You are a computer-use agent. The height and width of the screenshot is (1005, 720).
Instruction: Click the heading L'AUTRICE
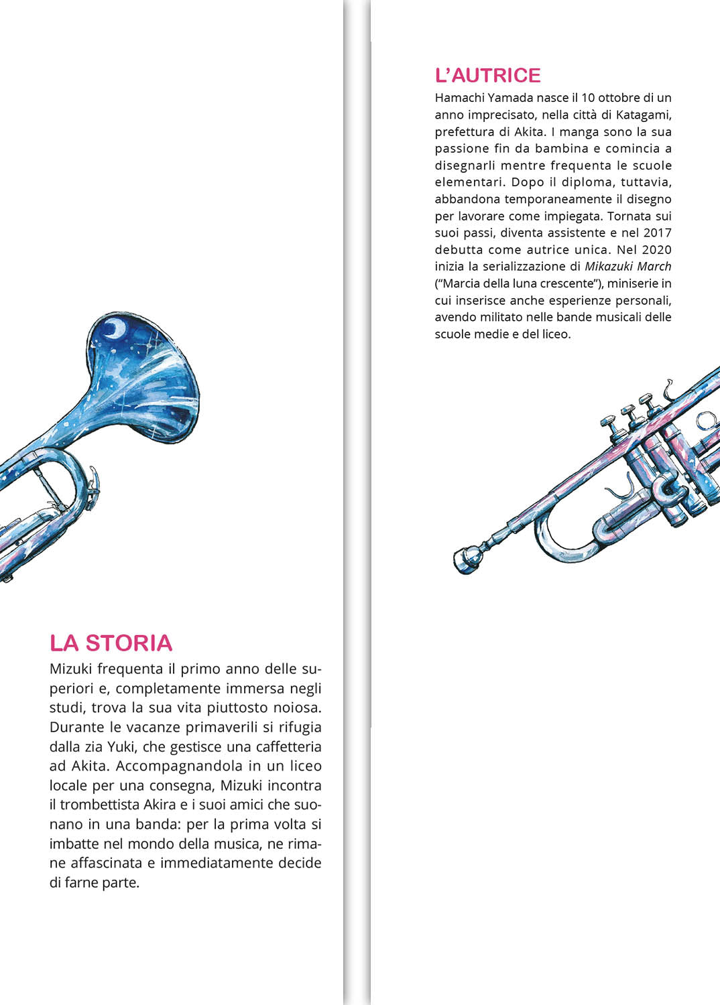tap(487, 75)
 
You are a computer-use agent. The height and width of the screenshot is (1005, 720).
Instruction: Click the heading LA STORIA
tap(111, 643)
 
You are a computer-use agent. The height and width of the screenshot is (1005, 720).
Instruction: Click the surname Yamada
tap(510, 98)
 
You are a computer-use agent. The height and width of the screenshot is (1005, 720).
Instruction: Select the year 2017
tap(657, 232)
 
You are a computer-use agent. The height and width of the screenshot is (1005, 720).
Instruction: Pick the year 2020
tap(657, 249)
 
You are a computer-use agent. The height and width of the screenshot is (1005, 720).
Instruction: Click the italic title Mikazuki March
tap(627, 267)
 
